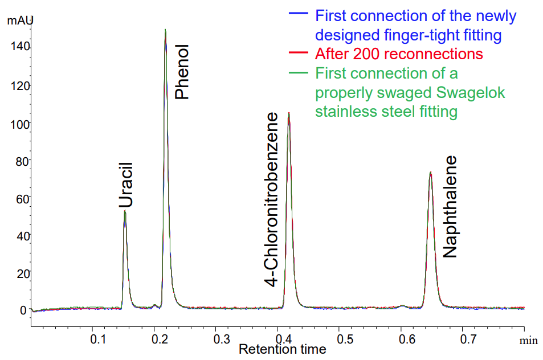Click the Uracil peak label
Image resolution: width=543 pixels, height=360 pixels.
click(x=126, y=185)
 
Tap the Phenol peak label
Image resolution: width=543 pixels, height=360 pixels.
click(x=181, y=72)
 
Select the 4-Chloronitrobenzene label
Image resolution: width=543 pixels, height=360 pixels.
click(x=272, y=199)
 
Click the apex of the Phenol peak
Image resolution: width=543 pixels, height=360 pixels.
click(x=165, y=30)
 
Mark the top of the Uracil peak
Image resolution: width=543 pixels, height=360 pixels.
click(x=125, y=211)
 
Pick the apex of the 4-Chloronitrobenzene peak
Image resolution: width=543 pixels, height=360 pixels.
click(x=289, y=113)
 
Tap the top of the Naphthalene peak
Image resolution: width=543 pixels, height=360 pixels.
click(x=430, y=172)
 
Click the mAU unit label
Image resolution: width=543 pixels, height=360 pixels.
click(x=20, y=21)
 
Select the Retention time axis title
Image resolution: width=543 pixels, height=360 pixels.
click(x=283, y=349)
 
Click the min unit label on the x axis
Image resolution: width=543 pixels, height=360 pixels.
click(x=528, y=340)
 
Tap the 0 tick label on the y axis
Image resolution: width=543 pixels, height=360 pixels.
click(x=24, y=310)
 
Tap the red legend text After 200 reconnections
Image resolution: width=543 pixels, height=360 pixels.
click(x=399, y=54)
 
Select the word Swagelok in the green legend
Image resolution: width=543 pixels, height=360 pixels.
click(x=469, y=92)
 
